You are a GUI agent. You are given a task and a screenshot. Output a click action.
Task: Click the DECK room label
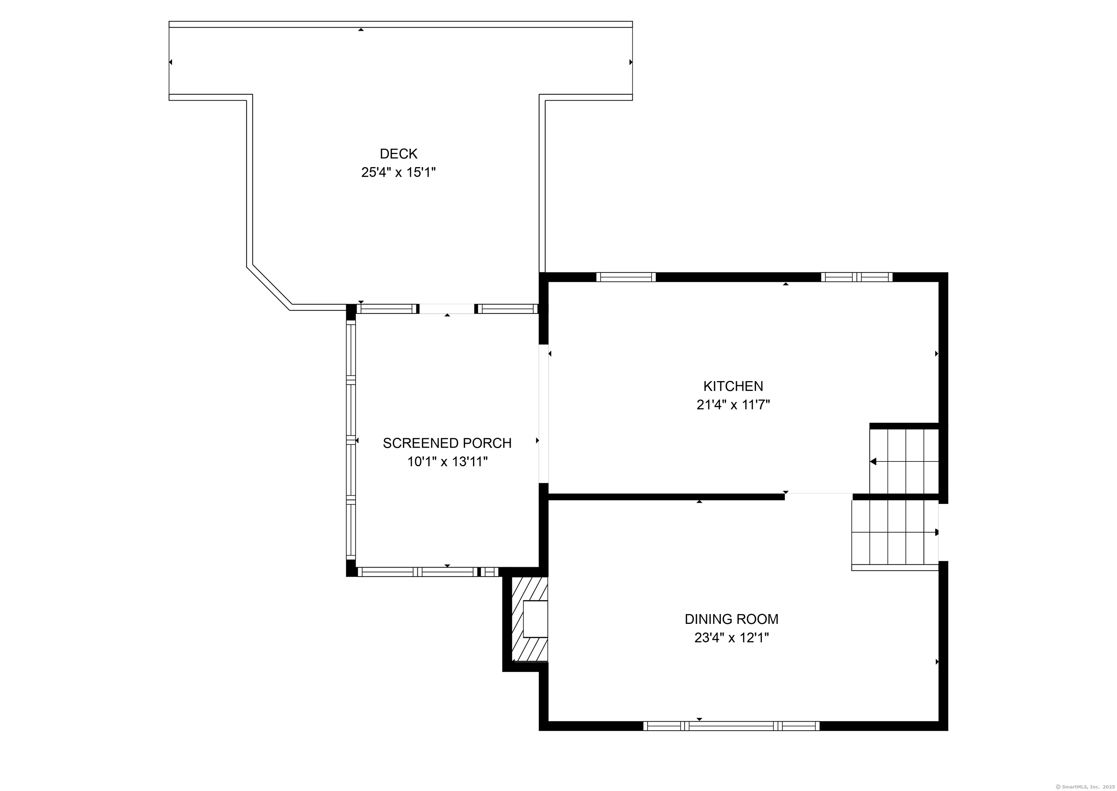click(399, 154)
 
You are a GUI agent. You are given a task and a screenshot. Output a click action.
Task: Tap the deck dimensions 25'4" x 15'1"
click(398, 173)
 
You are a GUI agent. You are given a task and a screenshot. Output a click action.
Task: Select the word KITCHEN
click(733, 386)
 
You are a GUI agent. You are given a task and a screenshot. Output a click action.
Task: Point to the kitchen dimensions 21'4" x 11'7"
click(733, 405)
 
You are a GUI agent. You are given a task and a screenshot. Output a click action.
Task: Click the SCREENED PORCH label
click(447, 443)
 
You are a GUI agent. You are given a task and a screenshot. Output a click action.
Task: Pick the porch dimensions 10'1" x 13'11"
click(447, 462)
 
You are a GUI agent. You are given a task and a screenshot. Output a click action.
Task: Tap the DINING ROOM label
click(732, 619)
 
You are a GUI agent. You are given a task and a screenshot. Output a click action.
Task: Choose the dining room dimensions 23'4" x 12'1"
click(732, 638)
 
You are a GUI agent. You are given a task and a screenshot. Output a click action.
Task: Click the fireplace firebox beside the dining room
click(536, 619)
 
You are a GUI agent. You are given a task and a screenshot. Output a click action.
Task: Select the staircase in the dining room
click(895, 535)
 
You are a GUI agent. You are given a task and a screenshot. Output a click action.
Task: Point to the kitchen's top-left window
click(626, 277)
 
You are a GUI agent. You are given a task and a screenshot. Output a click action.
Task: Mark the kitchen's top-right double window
click(857, 277)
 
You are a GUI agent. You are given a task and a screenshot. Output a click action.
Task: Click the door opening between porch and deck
click(447, 309)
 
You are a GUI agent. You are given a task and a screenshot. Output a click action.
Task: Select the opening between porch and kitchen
click(543, 413)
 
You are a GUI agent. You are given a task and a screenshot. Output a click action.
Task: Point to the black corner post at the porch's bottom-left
click(351, 568)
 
